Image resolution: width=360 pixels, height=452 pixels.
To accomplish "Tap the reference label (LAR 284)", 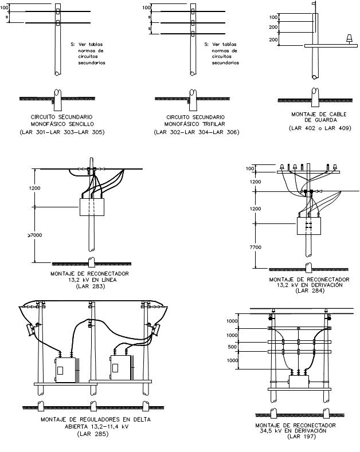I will (x=309, y=290).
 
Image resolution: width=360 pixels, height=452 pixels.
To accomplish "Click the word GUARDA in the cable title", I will (x=319, y=120).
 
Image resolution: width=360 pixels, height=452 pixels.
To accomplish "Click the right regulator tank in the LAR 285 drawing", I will (x=121, y=368).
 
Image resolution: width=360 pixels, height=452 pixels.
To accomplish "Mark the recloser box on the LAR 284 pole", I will (x=309, y=226).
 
